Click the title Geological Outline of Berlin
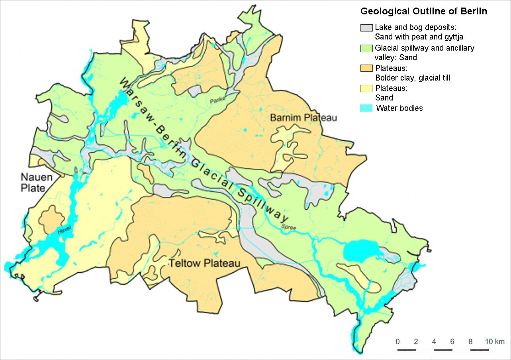[423, 11]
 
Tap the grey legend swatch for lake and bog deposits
[366, 28]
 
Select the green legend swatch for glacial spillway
[366, 48]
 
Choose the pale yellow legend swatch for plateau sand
[366, 89]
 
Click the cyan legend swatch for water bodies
[366, 108]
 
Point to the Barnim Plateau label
[303, 118]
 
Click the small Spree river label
[289, 227]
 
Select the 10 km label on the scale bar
[494, 342]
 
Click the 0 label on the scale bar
[397, 342]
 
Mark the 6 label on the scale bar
[452, 342]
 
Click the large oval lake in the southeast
[360, 251]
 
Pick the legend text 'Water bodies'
[399, 108]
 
